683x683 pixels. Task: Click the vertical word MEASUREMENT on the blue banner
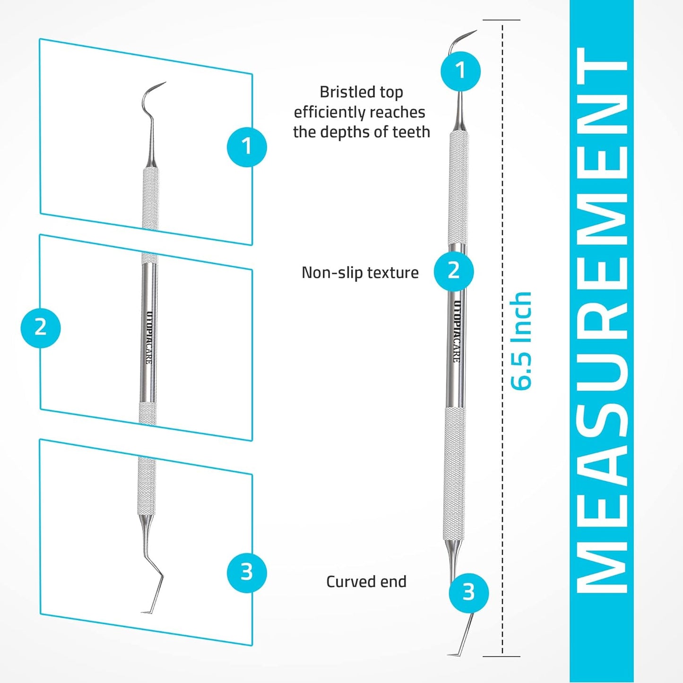pos(601,321)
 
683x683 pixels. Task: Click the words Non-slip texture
pos(360,273)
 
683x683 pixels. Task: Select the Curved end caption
pos(366,581)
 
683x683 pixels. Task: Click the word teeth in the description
pos(411,132)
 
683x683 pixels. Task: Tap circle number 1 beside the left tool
pos(247,147)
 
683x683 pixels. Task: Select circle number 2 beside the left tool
pos(41,328)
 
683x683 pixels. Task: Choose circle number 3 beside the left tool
pos(247,572)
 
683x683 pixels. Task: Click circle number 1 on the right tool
pos(460,71)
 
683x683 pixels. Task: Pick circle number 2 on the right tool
pos(454,271)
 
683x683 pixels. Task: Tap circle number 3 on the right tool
pos(468,592)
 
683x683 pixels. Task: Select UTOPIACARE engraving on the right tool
pos(457,331)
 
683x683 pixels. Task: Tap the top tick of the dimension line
pos(501,20)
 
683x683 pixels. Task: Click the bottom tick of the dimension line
pos(501,656)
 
